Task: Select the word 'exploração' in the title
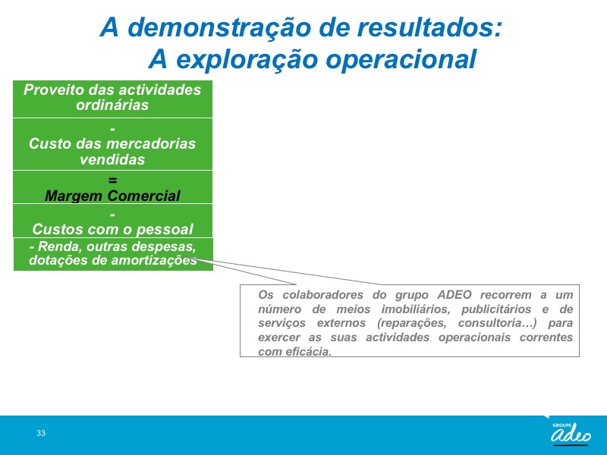click(x=246, y=59)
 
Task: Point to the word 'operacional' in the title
click(x=401, y=59)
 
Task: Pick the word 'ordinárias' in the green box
click(x=112, y=105)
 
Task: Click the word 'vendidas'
click(x=112, y=159)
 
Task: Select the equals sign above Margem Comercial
click(x=112, y=180)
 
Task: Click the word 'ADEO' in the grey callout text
click(x=454, y=295)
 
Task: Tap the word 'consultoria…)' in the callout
click(x=498, y=323)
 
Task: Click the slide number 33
click(x=41, y=433)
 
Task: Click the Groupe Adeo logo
click(x=571, y=433)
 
